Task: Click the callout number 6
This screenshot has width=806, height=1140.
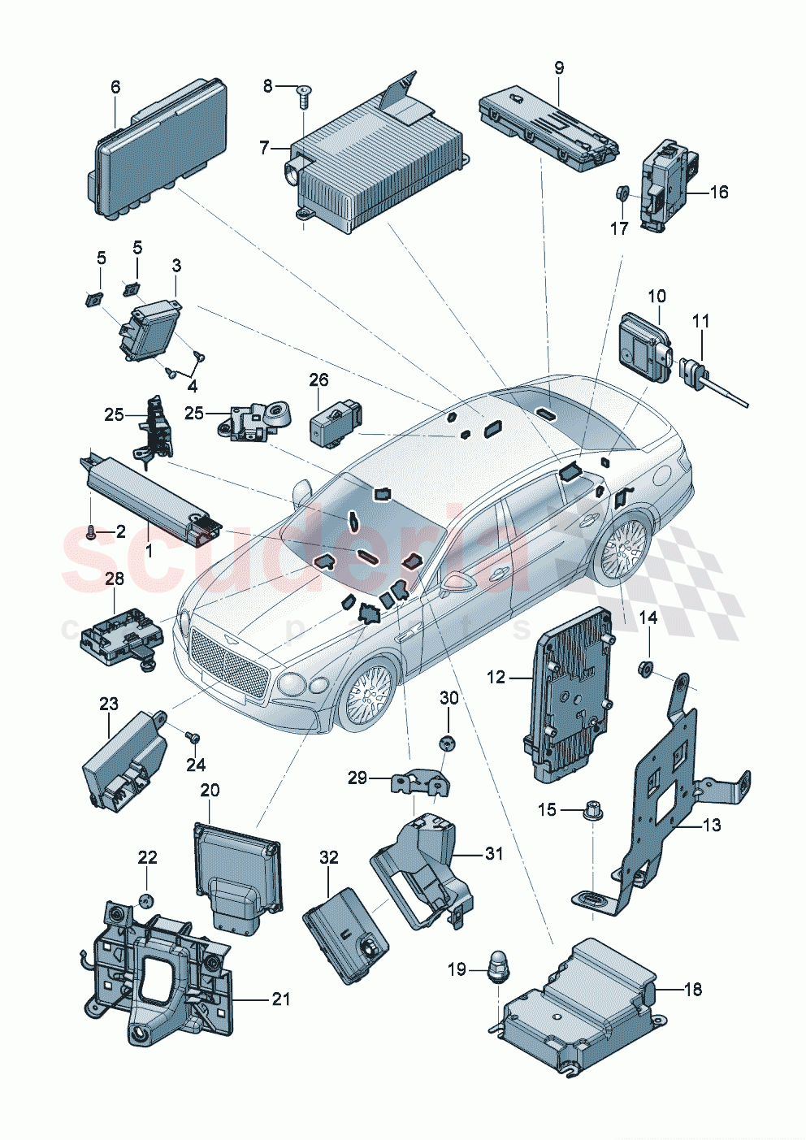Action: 115,87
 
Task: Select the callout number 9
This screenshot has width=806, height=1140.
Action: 559,68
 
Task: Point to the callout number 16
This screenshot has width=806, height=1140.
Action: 718,192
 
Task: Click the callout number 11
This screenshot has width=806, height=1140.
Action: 700,321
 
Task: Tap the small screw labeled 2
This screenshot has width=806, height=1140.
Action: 91,533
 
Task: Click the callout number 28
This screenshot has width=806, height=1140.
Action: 115,579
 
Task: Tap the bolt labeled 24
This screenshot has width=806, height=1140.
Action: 193,736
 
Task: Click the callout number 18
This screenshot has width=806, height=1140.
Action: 692,989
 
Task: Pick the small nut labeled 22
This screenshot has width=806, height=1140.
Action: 146,899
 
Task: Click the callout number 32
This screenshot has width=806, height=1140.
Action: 328,857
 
